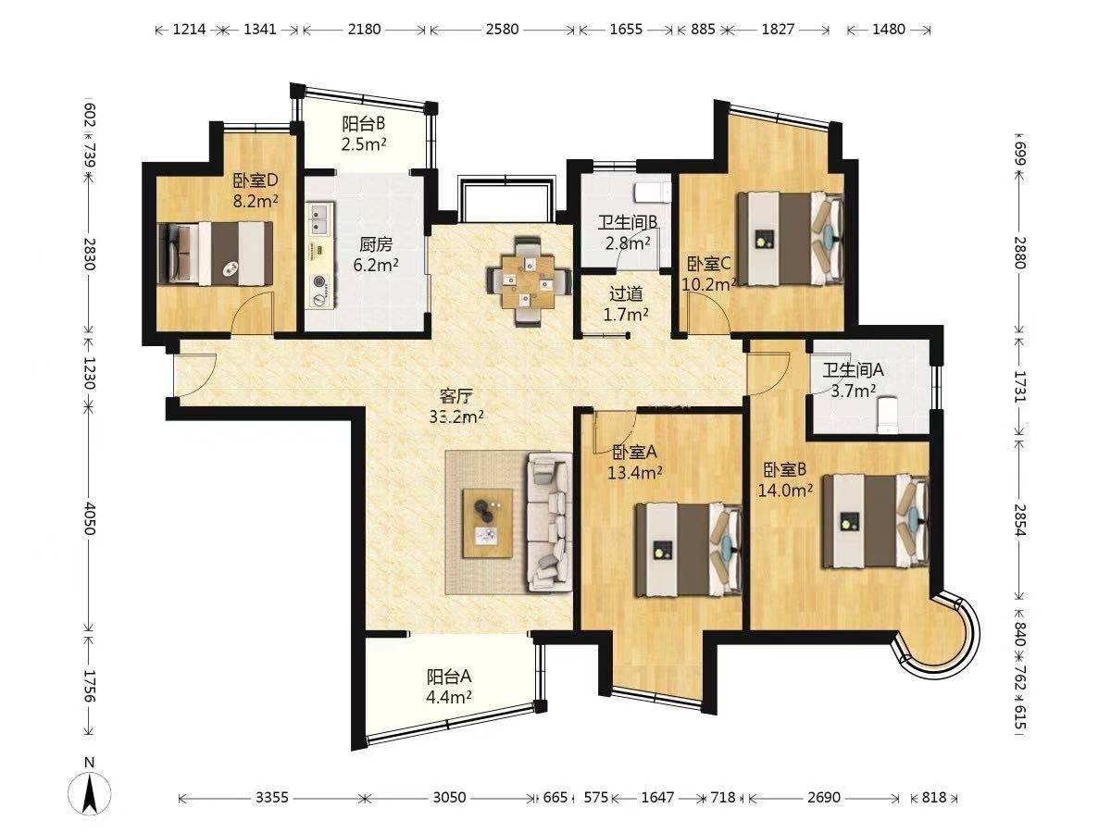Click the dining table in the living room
tap(529, 281)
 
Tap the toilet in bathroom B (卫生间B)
tap(652, 193)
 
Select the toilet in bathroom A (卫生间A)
tap(887, 415)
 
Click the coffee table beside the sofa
tap(487, 523)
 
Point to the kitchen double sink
tap(319, 219)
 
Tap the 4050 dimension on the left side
tap(90, 518)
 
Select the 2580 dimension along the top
tap(502, 30)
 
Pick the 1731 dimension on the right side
tap(1020, 387)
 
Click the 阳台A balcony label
tap(449, 677)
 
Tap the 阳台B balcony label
tap(364, 123)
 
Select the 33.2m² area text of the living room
tap(456, 417)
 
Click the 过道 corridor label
tap(626, 293)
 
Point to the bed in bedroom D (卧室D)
tap(216, 254)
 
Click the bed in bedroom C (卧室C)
tap(791, 238)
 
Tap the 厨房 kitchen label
tap(376, 244)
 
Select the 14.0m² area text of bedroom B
tap(785, 491)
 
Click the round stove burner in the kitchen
tap(318, 281)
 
